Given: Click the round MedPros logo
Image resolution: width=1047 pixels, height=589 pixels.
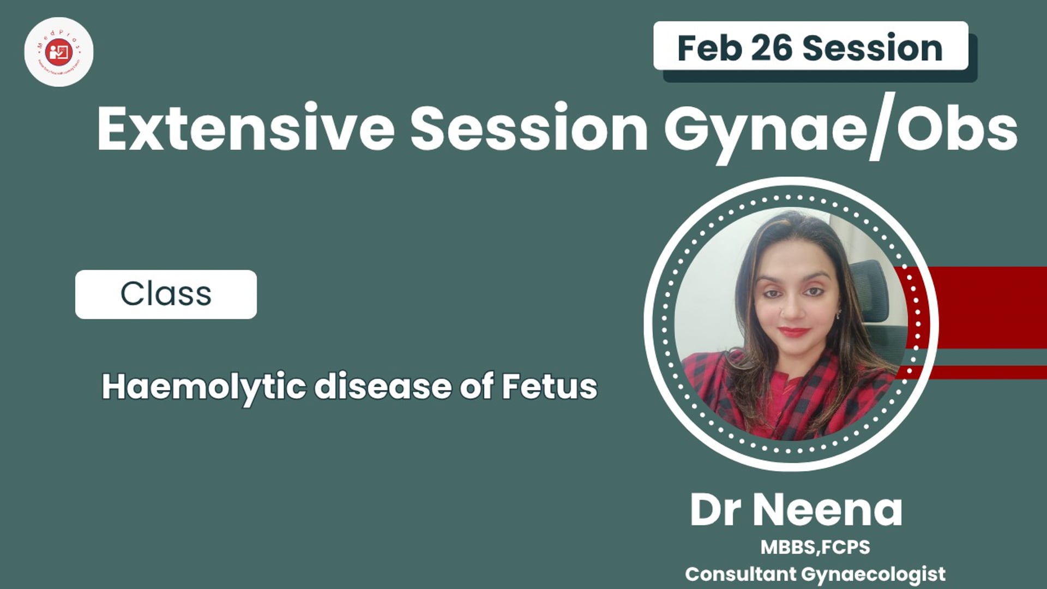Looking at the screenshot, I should (x=59, y=52).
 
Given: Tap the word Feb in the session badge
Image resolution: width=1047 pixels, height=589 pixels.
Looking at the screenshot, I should (x=709, y=48).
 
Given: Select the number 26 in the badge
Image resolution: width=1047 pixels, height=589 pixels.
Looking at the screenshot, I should (x=771, y=48).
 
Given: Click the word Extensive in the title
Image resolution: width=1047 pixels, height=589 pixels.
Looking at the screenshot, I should (x=245, y=129).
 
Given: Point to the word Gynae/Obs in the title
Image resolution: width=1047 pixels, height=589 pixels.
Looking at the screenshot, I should (x=840, y=129).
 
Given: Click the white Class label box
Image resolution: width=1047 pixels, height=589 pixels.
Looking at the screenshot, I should (x=166, y=294).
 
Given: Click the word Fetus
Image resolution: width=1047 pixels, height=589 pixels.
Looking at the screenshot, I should (x=549, y=387).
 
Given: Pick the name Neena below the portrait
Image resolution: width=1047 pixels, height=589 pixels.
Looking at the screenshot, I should (x=828, y=510).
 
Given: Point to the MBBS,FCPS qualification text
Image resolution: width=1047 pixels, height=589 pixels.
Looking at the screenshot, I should (x=815, y=547).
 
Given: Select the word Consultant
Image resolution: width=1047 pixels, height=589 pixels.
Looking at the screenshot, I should (x=740, y=574).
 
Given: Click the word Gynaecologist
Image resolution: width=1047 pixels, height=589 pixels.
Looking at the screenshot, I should (x=873, y=574).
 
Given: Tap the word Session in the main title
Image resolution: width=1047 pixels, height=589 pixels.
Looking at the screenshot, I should (x=529, y=129).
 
